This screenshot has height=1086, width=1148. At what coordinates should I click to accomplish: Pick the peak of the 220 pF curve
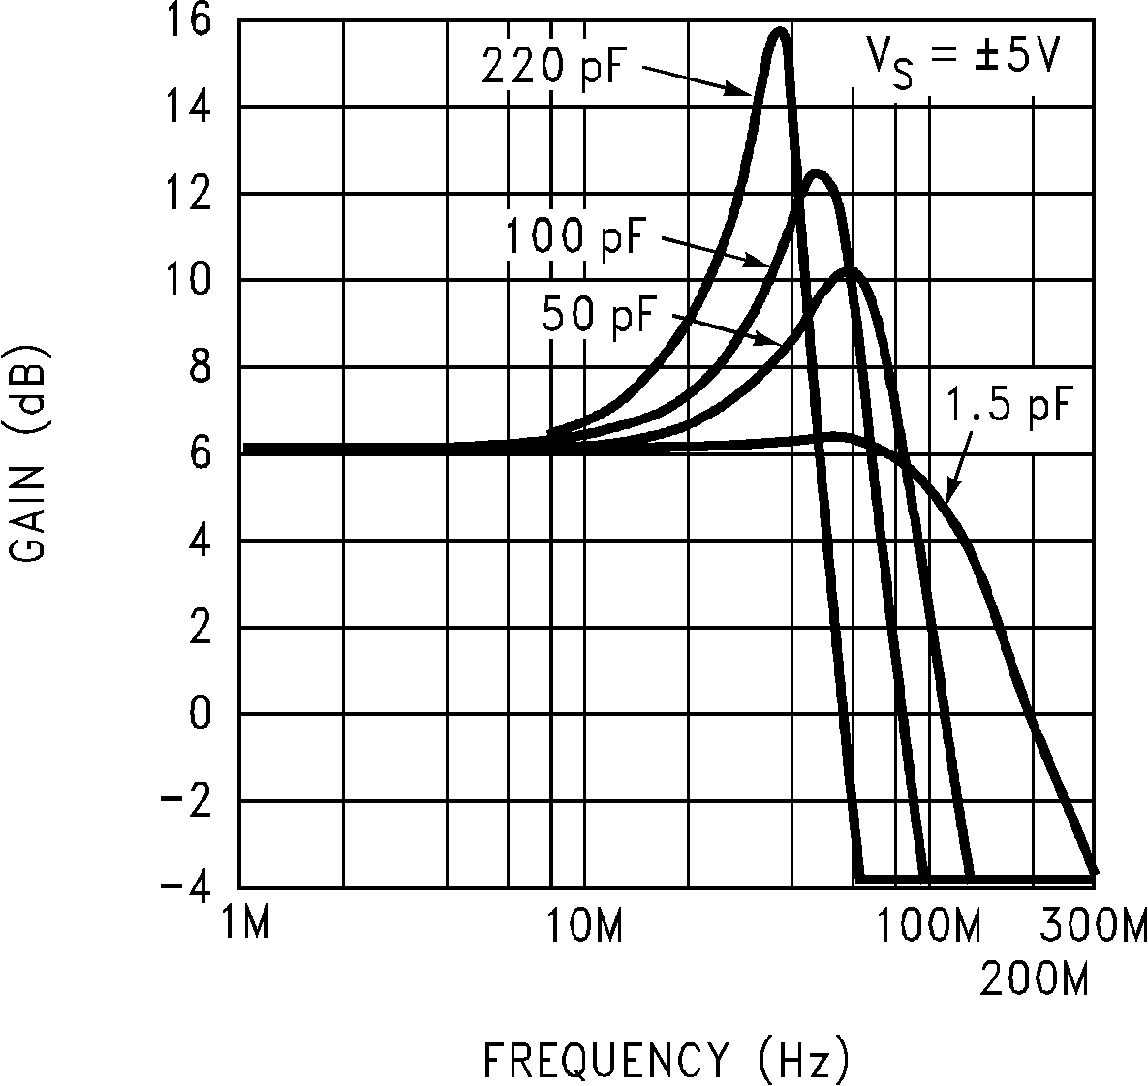click(780, 31)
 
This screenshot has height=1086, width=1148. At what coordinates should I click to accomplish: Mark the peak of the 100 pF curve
click(817, 173)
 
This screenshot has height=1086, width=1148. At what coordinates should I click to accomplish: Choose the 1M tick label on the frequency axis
click(242, 926)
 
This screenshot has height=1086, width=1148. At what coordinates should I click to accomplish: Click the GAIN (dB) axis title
click(30, 453)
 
